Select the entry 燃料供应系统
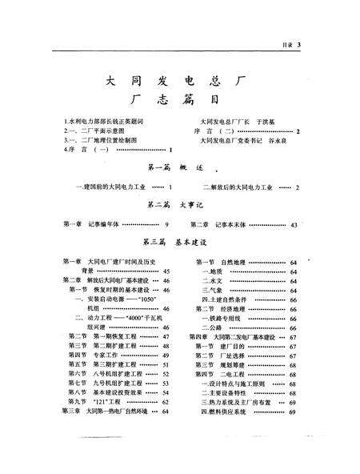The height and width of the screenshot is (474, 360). [230, 412]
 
